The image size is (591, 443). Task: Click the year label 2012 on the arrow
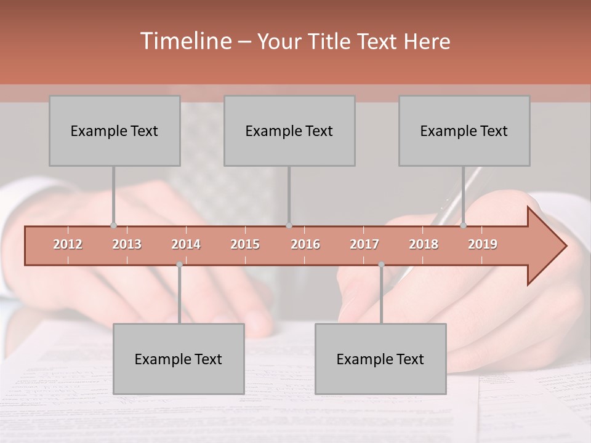pos(68,244)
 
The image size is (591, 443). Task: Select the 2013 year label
pos(127,244)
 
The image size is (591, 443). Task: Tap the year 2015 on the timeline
pos(245,244)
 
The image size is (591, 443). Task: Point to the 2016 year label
pos(305,244)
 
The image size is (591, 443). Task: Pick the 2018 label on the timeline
pos(424,244)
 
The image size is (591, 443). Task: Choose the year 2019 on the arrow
pos(483,244)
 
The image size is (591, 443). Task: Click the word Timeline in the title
pos(185,41)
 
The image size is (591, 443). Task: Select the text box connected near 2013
pos(115,130)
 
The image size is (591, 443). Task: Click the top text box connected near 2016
pos(289,130)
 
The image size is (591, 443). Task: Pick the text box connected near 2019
pos(464,130)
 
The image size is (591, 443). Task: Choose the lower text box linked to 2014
pos(179,359)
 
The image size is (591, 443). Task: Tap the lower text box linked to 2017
pos(380,359)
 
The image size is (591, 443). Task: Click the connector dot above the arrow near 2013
pos(113,226)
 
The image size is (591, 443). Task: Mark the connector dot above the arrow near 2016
pos(289,226)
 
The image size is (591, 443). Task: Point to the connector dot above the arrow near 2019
pos(463,226)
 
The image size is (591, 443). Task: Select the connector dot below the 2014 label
pos(179,265)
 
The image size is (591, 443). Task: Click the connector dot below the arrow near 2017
pos(381,265)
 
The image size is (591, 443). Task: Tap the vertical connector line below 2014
pos(179,295)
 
